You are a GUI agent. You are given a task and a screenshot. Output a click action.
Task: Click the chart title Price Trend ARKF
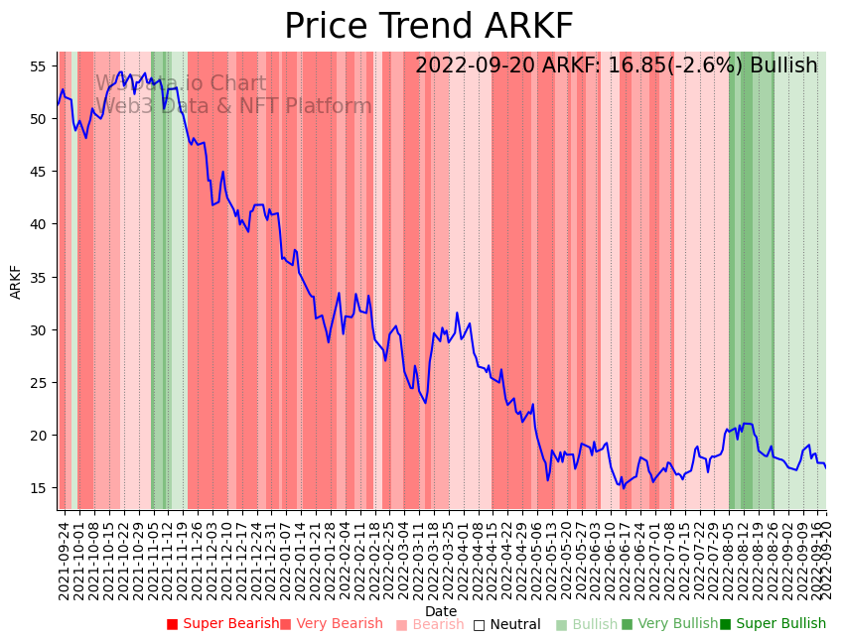[428, 27]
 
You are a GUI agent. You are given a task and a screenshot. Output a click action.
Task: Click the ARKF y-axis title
[16, 281]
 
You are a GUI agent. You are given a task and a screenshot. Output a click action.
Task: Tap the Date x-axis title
[441, 611]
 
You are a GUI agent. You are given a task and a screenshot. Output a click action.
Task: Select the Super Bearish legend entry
[223, 624]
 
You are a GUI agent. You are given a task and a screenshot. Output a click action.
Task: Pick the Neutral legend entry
[506, 624]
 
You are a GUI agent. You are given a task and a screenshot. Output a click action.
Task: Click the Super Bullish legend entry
[773, 624]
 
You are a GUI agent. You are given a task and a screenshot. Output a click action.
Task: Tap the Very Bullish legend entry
[669, 624]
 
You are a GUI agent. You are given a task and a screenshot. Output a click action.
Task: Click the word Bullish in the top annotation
[783, 65]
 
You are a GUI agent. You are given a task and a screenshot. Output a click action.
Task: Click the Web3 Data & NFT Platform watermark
[236, 106]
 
